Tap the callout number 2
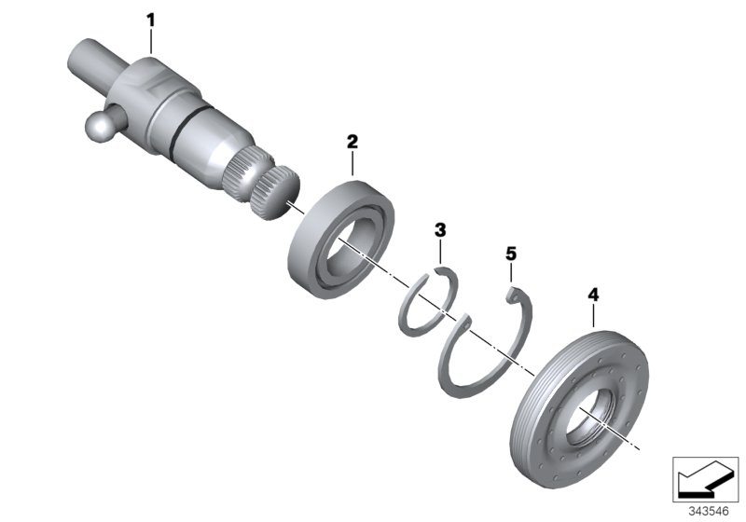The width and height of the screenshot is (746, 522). pos(352,142)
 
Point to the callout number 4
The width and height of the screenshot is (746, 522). pos(593,295)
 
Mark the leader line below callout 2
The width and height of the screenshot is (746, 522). pos(352,165)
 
